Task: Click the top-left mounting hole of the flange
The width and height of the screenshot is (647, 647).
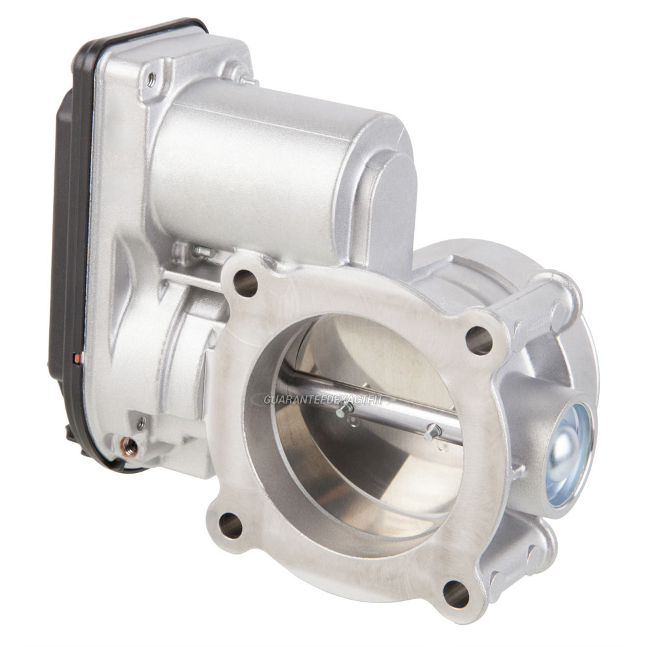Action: pyautogui.click(x=245, y=283)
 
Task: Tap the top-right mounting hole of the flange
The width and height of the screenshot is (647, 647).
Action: pyautogui.click(x=479, y=340)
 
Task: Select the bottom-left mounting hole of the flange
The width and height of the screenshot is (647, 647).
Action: pyautogui.click(x=230, y=524)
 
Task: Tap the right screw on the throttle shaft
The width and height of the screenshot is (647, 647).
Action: pyautogui.click(x=432, y=432)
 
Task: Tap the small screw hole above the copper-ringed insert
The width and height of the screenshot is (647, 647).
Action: pyautogui.click(x=140, y=424)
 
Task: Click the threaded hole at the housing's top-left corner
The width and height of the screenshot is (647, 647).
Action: pyautogui.click(x=151, y=80)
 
